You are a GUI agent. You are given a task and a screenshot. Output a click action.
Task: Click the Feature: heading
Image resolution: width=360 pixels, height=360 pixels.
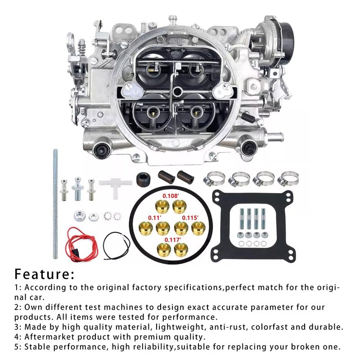(x=45, y=274)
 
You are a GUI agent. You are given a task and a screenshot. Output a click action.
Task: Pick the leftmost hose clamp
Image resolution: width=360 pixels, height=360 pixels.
(x=214, y=179)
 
